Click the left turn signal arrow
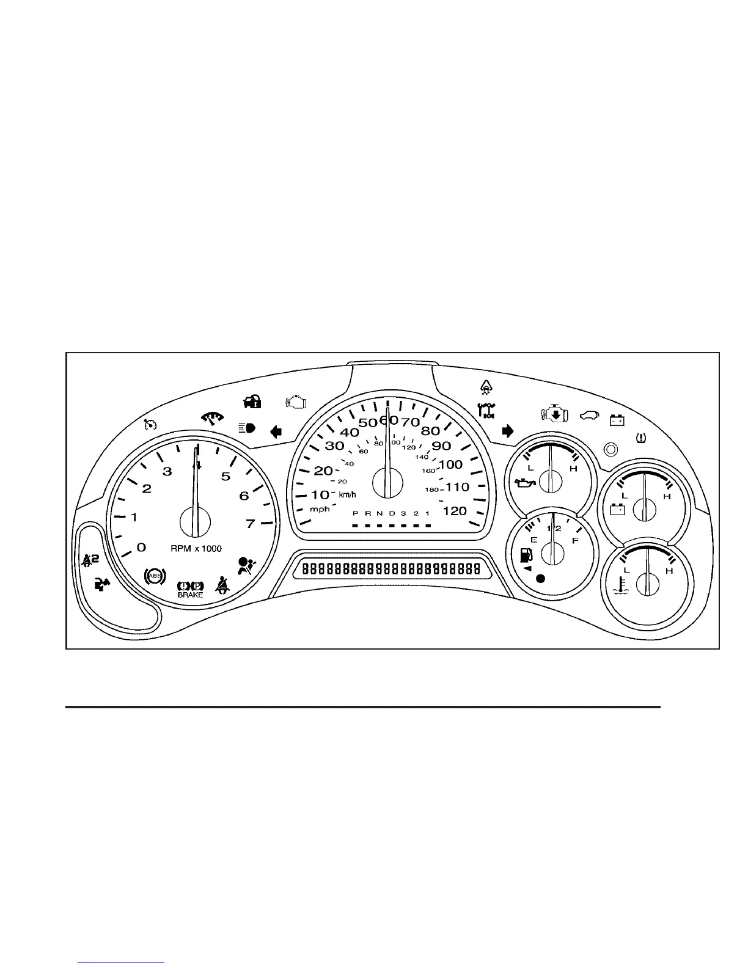(x=276, y=433)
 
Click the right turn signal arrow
(x=507, y=431)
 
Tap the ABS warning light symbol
(x=154, y=576)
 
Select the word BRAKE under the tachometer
(x=190, y=595)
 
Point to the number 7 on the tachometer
(x=250, y=524)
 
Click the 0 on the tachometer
(x=141, y=547)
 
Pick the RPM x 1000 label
(x=196, y=548)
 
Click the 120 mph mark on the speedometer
(x=454, y=511)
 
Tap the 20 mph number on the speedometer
(x=323, y=471)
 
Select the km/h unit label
(x=347, y=494)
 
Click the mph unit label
(x=319, y=509)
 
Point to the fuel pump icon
(x=525, y=555)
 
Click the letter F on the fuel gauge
(x=574, y=541)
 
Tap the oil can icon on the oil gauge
(x=526, y=484)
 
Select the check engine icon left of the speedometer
(x=296, y=402)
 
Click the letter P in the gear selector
(x=355, y=513)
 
